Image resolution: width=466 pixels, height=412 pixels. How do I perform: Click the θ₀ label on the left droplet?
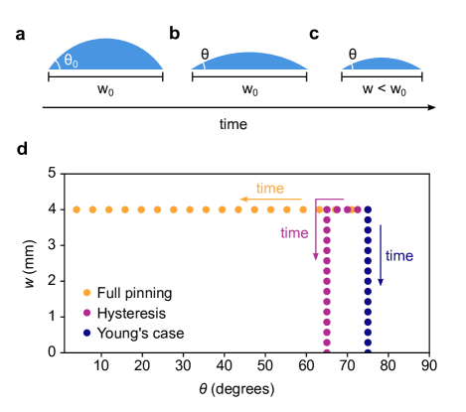[x=71, y=61]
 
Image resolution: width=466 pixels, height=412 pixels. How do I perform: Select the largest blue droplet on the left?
[x=107, y=56]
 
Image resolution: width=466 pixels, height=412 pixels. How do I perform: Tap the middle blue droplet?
[x=250, y=62]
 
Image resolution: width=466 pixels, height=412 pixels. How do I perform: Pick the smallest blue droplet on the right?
[x=384, y=65]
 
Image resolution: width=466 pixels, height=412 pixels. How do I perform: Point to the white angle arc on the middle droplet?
[x=200, y=65]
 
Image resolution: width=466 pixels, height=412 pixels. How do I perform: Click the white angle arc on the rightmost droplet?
[x=349, y=65]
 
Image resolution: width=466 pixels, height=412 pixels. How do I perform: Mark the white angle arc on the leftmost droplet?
[x=54, y=63]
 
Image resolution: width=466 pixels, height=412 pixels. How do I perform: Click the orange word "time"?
[x=269, y=188]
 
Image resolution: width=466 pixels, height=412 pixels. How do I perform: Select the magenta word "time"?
[x=294, y=233]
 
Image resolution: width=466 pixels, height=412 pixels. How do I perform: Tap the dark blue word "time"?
[x=398, y=256]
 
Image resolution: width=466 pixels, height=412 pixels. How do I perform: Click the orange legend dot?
[x=86, y=293]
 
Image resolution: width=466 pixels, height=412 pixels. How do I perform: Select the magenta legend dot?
[x=86, y=313]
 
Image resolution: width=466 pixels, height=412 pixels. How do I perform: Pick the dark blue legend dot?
[x=86, y=333]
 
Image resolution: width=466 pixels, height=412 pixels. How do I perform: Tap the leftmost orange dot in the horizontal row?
[x=77, y=209]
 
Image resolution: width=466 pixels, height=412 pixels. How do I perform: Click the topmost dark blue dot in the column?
[x=368, y=209]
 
